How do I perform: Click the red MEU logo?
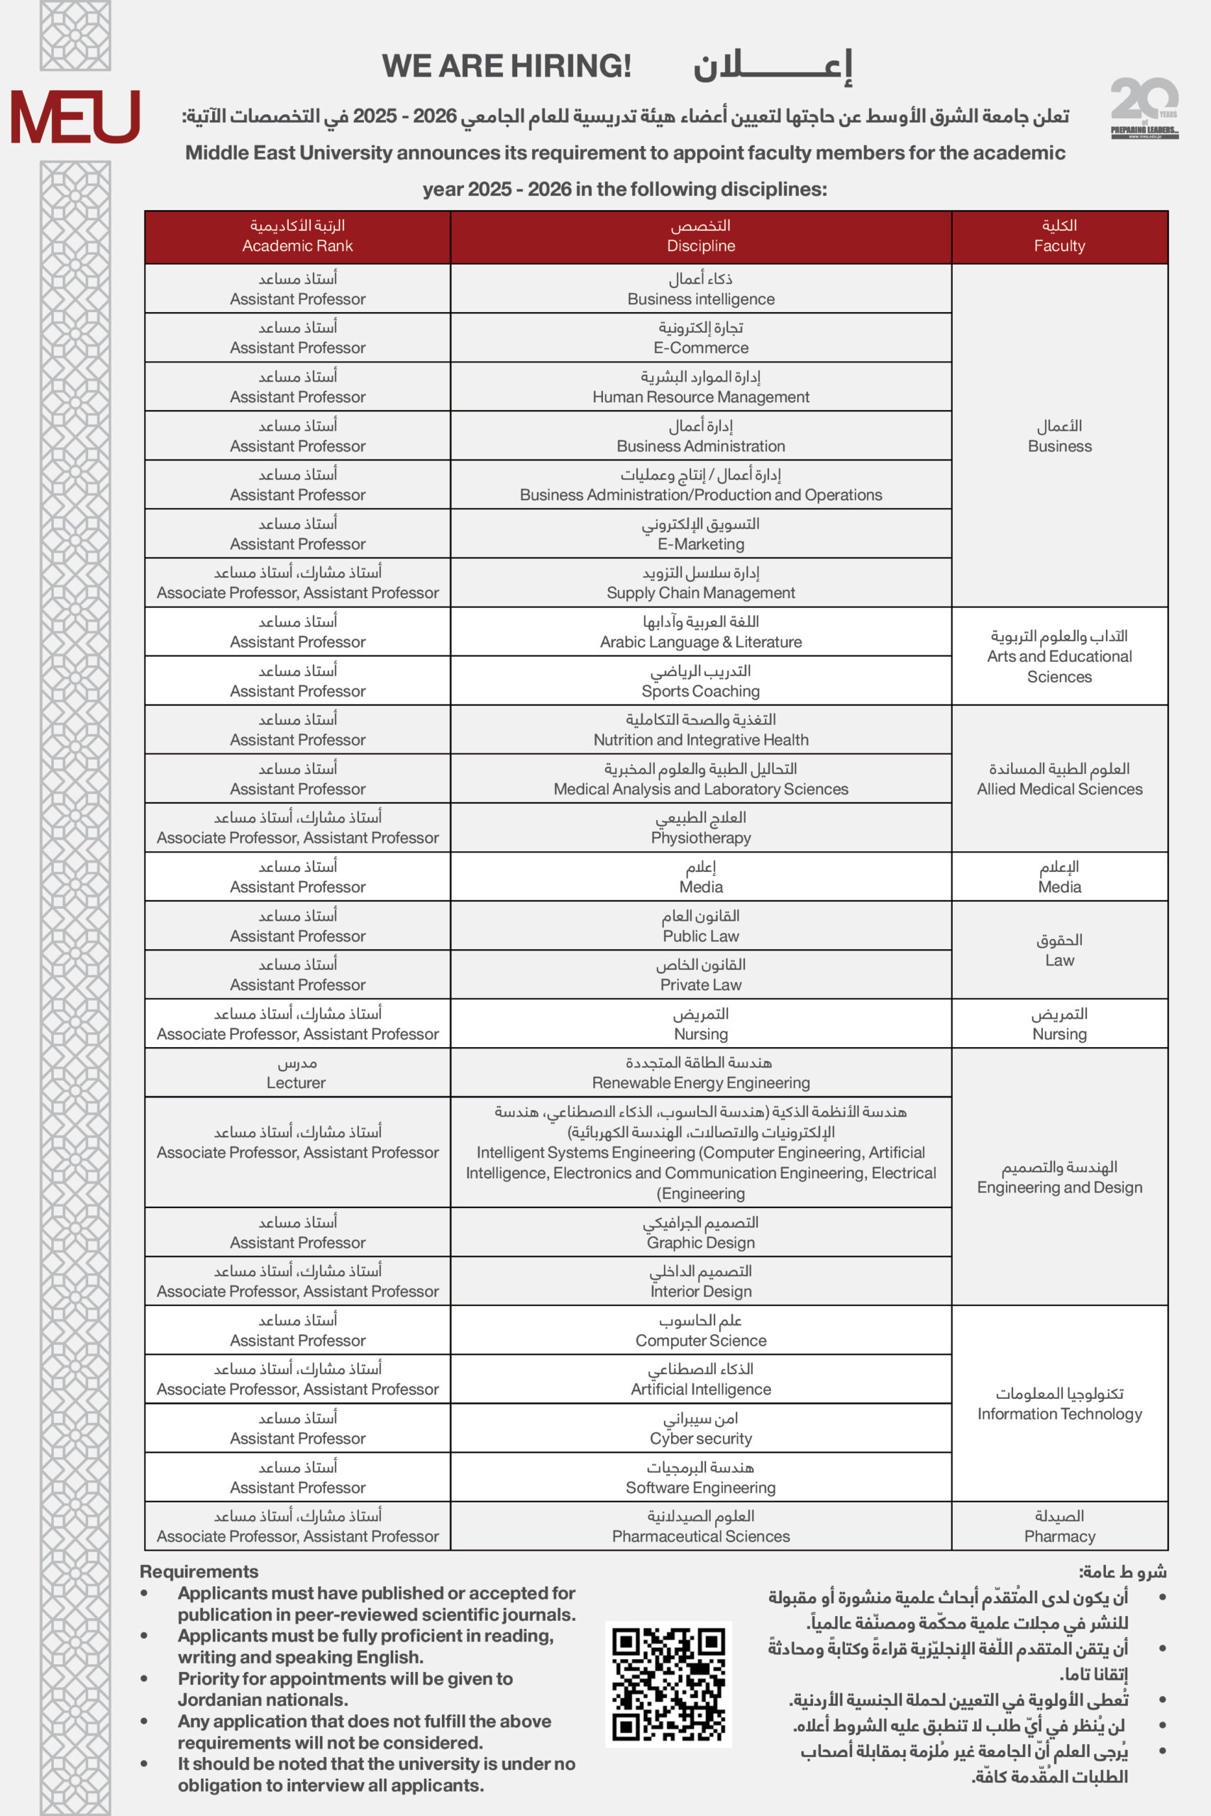[75, 116]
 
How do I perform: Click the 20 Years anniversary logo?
[1144, 107]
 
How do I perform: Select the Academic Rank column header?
[297, 236]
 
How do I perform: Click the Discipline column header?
[700, 236]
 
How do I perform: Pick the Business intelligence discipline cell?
[700, 289]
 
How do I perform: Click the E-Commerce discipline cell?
[700, 338]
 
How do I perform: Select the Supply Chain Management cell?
[700, 582]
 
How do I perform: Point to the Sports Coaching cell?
[700, 680]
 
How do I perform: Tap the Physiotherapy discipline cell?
[700, 827]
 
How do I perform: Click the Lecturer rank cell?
[297, 1073]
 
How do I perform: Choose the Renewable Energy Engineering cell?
[700, 1073]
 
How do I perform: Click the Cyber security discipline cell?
[700, 1428]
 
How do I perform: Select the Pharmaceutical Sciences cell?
[700, 1526]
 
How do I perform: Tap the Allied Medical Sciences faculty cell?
[1059, 778]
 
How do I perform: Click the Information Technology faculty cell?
[1059, 1403]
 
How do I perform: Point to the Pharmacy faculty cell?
[1059, 1526]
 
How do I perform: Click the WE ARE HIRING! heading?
[507, 67]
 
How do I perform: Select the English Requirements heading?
[199, 1572]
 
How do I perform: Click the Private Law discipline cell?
[700, 975]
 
